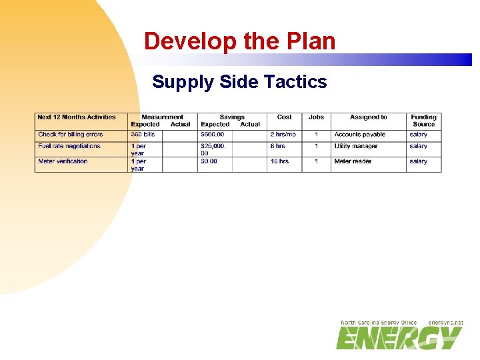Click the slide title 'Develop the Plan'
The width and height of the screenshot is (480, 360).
239,41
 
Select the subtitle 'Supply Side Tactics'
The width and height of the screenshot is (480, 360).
239,82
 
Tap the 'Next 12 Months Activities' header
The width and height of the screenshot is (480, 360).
77,117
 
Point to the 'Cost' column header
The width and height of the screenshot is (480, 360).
285,117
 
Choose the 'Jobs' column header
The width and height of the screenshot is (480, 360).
316,117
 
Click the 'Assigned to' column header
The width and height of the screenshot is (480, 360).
369,117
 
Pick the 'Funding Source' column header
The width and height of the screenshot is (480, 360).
423,121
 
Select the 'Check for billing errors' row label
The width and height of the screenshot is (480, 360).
71,135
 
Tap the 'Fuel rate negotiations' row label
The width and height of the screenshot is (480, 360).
69,146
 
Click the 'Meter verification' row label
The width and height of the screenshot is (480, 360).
63,161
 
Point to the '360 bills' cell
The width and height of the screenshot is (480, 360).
143,135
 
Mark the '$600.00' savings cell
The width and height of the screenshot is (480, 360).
213,135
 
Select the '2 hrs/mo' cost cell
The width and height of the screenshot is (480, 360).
283,135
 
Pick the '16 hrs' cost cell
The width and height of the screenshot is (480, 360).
279,161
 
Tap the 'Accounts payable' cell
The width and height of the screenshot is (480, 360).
360,135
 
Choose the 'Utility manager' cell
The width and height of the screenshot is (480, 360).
356,146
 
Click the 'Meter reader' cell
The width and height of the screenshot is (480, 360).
353,161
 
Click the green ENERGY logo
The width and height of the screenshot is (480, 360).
399,338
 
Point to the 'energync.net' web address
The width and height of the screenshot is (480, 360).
445,323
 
